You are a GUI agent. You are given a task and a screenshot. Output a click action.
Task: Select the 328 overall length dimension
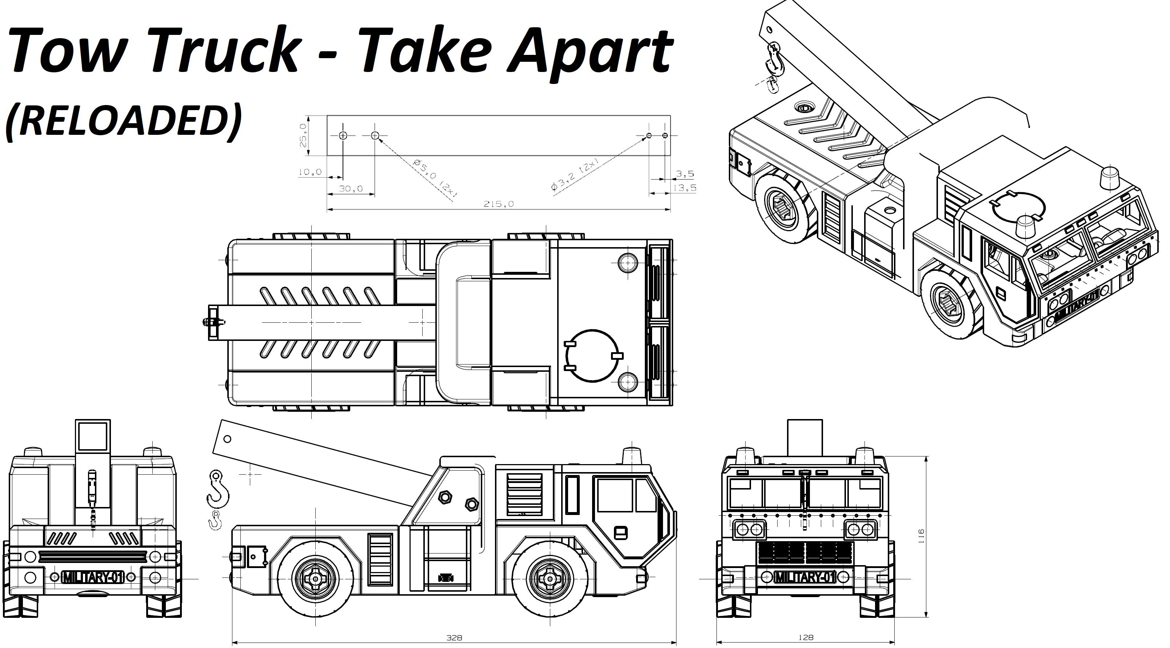pos(454,637)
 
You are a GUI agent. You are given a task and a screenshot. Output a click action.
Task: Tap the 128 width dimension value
pos(806,637)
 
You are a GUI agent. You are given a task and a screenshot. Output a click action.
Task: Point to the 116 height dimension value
pos(921,536)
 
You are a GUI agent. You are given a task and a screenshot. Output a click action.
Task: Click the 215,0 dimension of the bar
pos(498,204)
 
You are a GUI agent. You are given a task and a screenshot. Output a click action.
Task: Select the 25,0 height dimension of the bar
pos(303,135)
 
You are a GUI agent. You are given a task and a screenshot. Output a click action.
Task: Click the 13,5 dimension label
pos(685,188)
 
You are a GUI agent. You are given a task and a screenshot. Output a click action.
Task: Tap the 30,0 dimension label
pos(351,189)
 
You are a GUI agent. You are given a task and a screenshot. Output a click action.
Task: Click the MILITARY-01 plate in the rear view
pos(93,577)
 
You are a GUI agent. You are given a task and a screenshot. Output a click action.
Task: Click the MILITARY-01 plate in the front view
pos(805,577)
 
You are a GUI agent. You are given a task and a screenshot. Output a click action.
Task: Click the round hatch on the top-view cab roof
pos(593,356)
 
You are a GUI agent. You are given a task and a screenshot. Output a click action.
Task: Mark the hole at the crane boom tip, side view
pos(228,439)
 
